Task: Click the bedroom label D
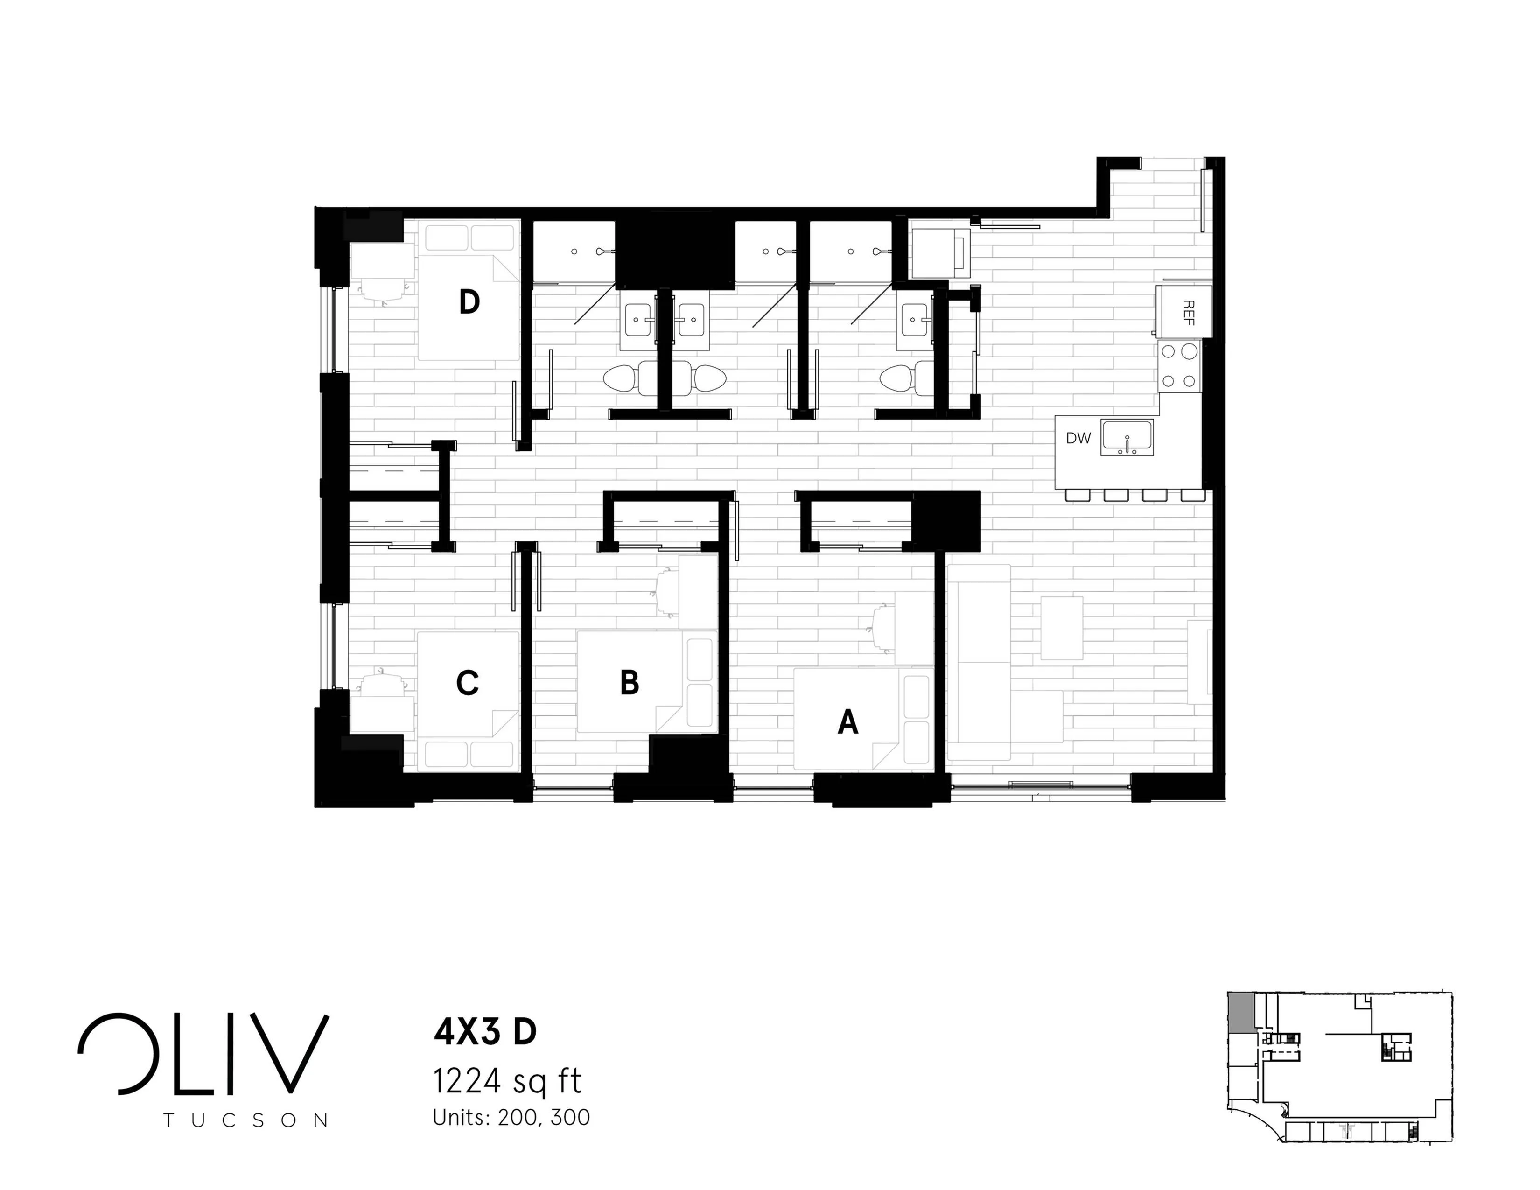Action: [469, 302]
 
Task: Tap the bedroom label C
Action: [468, 682]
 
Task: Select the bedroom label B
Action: [630, 682]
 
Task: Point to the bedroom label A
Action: [847, 722]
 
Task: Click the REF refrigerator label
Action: [1189, 312]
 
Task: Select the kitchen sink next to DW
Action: [1127, 437]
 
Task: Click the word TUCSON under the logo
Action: [245, 1120]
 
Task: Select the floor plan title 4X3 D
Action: [485, 1032]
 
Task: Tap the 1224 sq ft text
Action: [507, 1081]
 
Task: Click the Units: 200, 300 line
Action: [511, 1117]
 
